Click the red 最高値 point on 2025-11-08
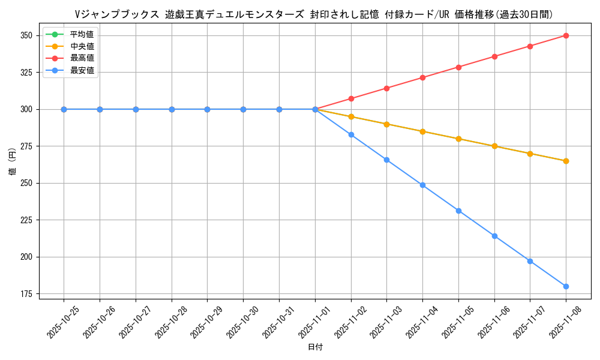click(x=566, y=35)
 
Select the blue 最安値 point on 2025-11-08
click(x=566, y=286)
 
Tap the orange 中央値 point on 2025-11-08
click(x=566, y=161)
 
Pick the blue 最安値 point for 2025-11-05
click(x=458, y=211)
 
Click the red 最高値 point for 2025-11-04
click(x=422, y=77)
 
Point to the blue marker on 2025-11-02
click(x=351, y=134)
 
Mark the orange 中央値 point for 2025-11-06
click(x=494, y=146)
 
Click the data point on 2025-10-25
click(x=64, y=109)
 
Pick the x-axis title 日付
click(x=315, y=347)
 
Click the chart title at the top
click(x=314, y=14)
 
